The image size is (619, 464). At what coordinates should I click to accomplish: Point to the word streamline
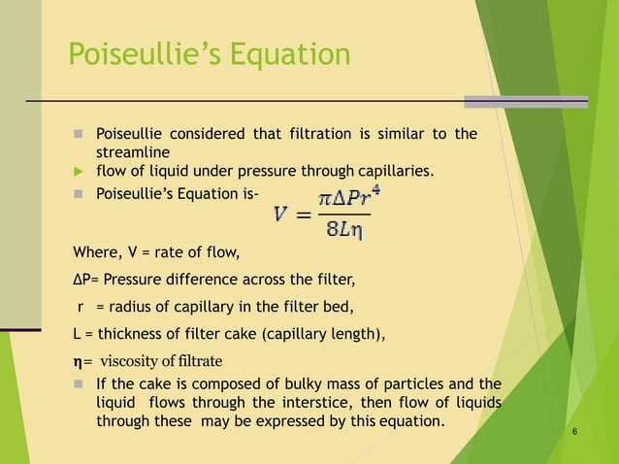point(133,153)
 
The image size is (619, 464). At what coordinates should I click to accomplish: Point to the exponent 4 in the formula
point(375,189)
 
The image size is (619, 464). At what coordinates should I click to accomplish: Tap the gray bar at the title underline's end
point(526,101)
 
